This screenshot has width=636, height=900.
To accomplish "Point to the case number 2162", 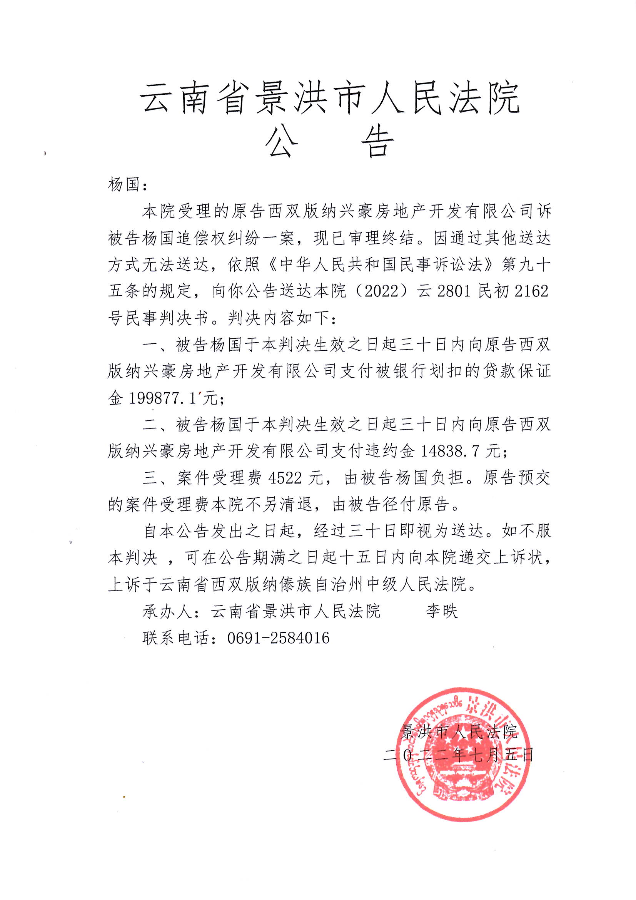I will (x=531, y=291).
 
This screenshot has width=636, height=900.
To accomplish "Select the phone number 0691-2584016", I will (x=278, y=638).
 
